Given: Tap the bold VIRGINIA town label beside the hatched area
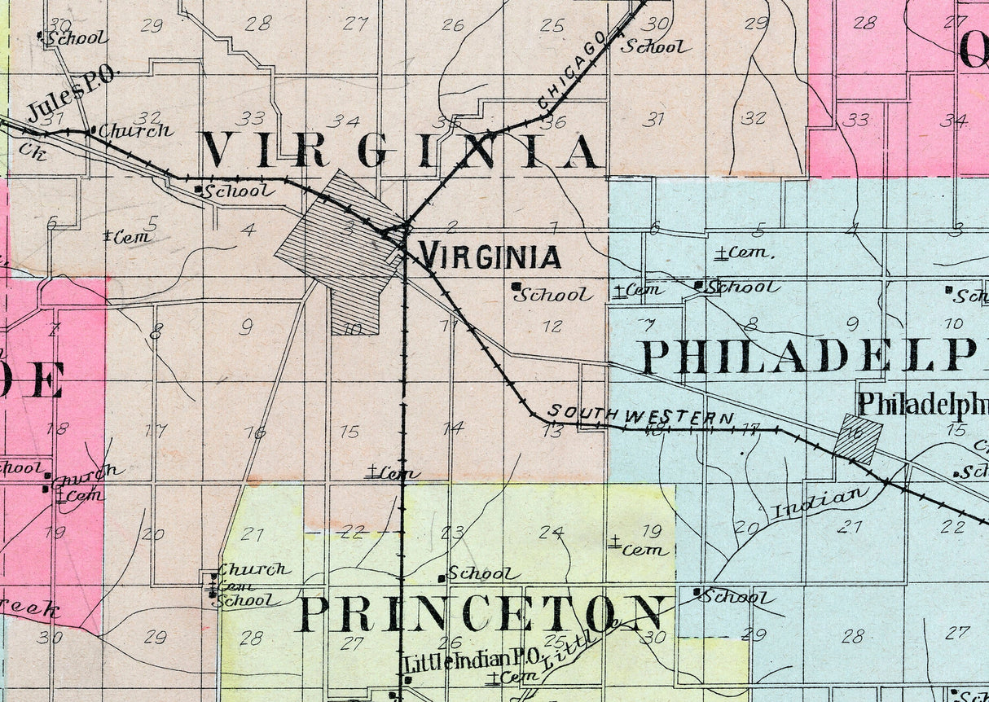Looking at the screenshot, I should (x=490, y=257).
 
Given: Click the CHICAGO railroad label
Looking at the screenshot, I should (x=573, y=70).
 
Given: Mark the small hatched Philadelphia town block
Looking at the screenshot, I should (x=858, y=440).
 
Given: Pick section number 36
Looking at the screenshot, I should (x=553, y=122).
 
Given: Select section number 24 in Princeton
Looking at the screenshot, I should (x=551, y=533).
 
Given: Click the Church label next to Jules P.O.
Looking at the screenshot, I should (x=135, y=130).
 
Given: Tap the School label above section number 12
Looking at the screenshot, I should (x=553, y=295).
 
